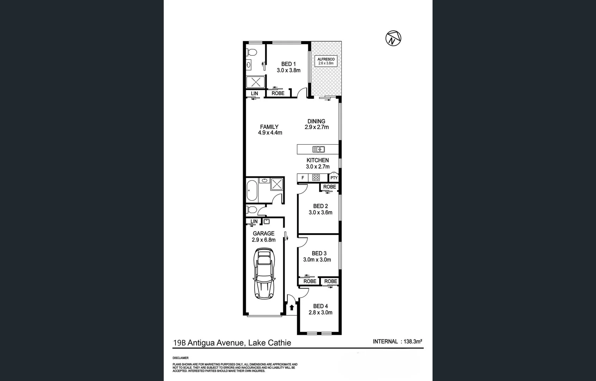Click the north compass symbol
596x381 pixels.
[x=393, y=38]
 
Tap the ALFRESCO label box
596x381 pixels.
[x=326, y=61]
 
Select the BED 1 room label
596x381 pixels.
[x=288, y=64]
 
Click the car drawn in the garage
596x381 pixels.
[x=264, y=274]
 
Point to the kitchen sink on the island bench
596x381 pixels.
[x=318, y=149]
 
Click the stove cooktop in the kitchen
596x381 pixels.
[x=316, y=177]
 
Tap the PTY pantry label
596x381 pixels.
[x=334, y=178]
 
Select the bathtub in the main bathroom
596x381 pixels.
[x=252, y=190]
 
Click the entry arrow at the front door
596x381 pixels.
[x=292, y=308]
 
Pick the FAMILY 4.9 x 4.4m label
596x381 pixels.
[x=270, y=130]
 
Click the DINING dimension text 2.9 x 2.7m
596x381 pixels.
[x=317, y=127]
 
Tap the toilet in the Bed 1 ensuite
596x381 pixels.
[x=252, y=52]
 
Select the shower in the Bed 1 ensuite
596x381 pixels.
[x=255, y=82]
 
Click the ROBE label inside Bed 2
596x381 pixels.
[x=329, y=187]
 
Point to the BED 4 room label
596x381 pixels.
[x=320, y=306]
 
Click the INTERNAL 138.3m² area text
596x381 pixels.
[x=397, y=341]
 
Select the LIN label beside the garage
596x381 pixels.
[x=254, y=222]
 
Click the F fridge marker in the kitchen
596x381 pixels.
[x=303, y=178]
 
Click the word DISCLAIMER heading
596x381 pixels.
[x=180, y=358]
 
